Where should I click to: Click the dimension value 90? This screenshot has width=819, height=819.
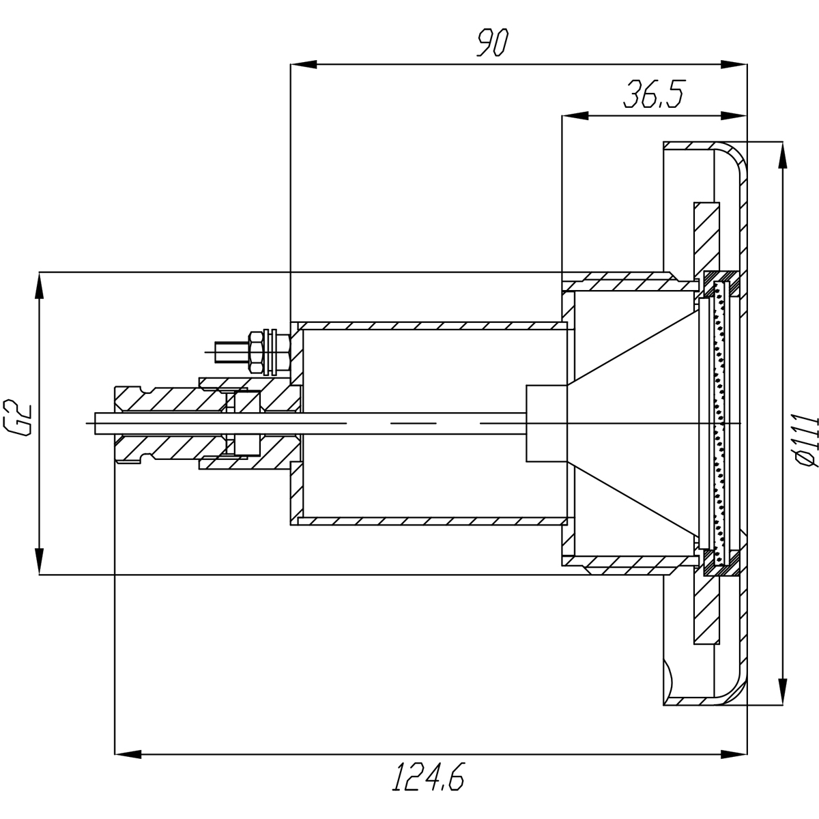[491, 42]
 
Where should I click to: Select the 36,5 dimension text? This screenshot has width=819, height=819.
[653, 96]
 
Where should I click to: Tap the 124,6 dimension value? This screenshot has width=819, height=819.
[429, 777]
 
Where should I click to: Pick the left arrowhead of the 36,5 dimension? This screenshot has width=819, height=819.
[575, 116]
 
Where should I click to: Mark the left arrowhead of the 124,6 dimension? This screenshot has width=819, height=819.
[128, 754]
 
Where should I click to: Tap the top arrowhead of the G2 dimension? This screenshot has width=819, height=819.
[40, 287]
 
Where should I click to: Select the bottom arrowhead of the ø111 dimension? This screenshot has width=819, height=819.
[781, 691]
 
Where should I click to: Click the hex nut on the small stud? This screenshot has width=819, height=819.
[258, 352]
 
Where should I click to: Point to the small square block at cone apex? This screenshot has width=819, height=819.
[546, 422]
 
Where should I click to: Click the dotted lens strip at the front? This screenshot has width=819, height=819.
[717, 423]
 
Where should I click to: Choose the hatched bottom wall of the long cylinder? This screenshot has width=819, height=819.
[430, 521]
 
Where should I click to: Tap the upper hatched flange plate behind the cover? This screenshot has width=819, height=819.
[706, 239]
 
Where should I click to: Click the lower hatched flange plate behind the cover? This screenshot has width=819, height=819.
[706, 607]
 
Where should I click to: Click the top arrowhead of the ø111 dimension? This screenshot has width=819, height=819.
[781, 155]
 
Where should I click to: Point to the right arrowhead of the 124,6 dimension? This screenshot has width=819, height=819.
[734, 754]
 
